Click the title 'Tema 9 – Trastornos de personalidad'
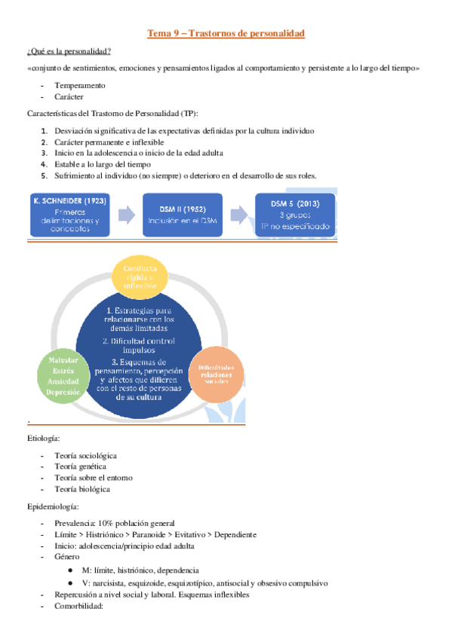[x=226, y=34]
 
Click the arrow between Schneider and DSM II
[x=128, y=215]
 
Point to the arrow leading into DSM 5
[x=240, y=215]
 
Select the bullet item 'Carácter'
[x=69, y=96]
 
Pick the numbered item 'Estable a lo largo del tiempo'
[x=103, y=164]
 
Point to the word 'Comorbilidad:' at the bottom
[x=81, y=605]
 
